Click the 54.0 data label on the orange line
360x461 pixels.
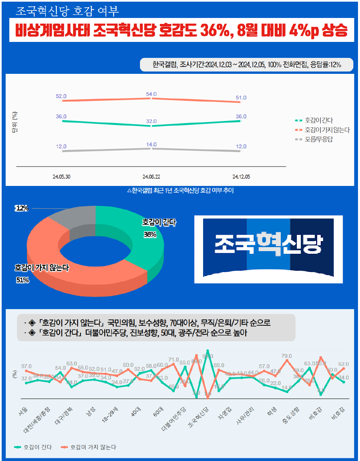(x=151, y=94)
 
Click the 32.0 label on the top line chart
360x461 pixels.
(x=151, y=121)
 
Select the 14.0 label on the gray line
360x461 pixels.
(x=151, y=144)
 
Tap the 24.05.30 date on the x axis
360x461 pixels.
(x=61, y=177)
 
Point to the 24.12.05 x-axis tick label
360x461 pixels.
(x=241, y=177)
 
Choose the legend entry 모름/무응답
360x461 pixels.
(x=318, y=139)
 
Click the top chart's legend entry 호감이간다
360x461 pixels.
(x=318, y=120)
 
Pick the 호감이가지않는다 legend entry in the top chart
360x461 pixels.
(x=327, y=130)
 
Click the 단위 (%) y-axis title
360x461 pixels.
(x=15, y=122)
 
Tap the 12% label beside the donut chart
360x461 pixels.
(x=22, y=208)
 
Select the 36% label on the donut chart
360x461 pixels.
(x=150, y=234)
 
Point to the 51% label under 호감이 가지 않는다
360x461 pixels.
(x=23, y=280)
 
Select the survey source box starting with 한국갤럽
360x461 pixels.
(x=246, y=65)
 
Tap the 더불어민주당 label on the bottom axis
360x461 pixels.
(x=174, y=419)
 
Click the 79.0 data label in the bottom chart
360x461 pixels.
(x=287, y=356)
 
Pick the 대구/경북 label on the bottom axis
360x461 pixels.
(x=64, y=416)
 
